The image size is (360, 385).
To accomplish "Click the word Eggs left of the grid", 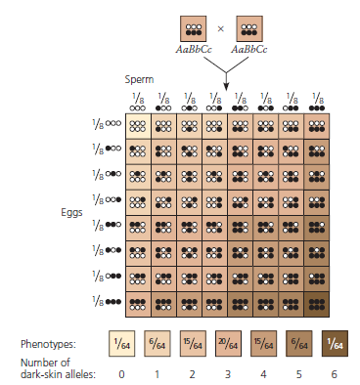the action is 63,208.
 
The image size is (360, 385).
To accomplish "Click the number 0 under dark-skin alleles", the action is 120,372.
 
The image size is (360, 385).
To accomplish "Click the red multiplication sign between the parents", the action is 220,29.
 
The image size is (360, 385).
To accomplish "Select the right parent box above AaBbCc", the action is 250,29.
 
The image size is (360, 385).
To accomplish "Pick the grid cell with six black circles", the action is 317,301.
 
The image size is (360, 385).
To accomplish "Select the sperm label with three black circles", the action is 317,101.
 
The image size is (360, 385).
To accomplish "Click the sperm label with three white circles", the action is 138,101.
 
